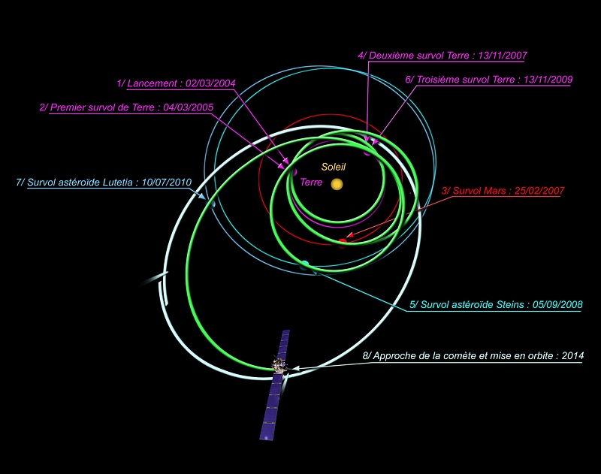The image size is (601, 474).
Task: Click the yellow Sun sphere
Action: tap(337, 184)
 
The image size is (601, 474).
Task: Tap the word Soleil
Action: tap(334, 167)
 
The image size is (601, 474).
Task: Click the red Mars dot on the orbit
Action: tap(343, 241)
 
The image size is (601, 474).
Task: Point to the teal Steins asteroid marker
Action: tap(304, 264)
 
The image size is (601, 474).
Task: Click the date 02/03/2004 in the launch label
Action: tap(212, 83)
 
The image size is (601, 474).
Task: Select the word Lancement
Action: tap(153, 83)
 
